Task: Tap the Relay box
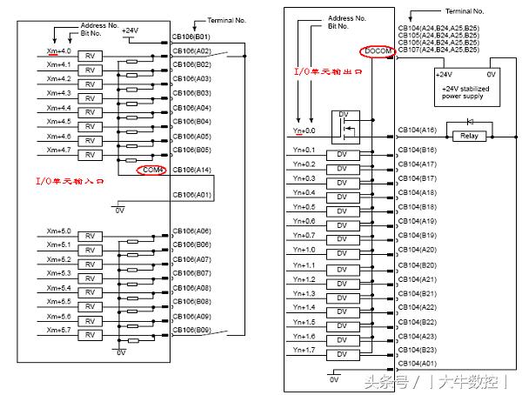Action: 469,136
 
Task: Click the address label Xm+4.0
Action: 58,52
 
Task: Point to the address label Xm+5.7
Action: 58,330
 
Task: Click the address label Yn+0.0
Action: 304,131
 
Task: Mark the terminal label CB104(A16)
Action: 418,131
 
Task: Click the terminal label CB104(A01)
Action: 418,363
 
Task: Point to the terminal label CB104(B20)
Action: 418,264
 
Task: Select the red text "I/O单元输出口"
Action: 328,72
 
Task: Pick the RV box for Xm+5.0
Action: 90,236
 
